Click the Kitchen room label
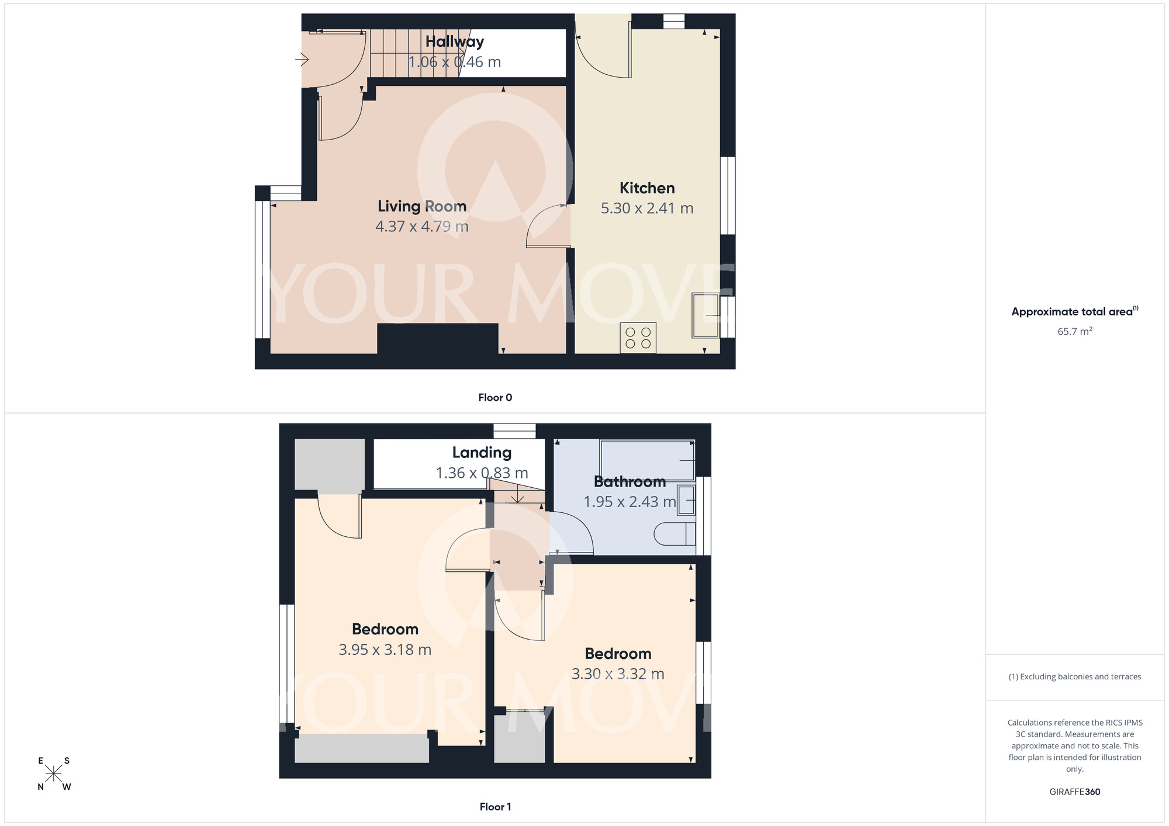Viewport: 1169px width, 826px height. pos(647,188)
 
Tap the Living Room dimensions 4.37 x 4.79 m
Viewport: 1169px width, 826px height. pos(421,227)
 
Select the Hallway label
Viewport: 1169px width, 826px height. pos(455,41)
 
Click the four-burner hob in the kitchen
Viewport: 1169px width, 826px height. pos(638,338)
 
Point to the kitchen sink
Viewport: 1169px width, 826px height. pos(705,315)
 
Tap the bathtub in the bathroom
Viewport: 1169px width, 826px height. pos(647,460)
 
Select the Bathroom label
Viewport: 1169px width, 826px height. pos(630,482)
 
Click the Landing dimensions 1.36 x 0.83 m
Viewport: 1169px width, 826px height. pos(482,473)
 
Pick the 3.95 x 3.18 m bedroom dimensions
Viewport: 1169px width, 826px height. pos(385,650)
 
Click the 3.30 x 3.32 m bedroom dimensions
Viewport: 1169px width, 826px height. pos(618,674)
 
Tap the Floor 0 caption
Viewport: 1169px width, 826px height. pos(495,398)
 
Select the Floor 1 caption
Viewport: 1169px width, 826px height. pos(495,807)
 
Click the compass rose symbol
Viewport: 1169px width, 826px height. pos(54,773)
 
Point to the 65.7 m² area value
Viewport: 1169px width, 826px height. pos(1074,331)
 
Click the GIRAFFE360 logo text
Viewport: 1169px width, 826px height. pos(1074,792)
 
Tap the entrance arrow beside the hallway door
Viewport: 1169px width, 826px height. pos(302,59)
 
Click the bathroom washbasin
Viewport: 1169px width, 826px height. pos(686,500)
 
